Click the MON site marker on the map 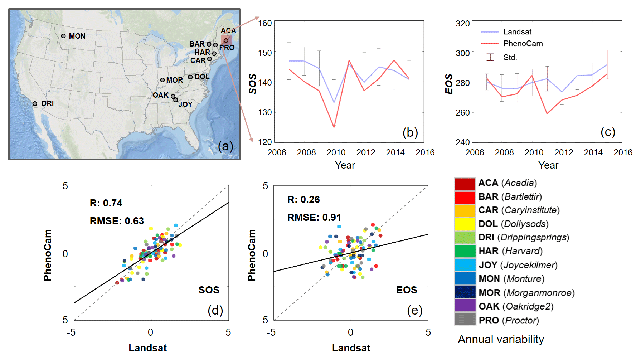(63, 36)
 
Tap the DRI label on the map (47, 103)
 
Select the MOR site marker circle (162, 80)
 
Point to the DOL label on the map (202, 77)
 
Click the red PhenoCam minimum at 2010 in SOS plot (334, 127)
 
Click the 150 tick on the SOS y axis (265, 53)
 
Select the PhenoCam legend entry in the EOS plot (523, 44)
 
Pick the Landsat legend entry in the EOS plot (517, 32)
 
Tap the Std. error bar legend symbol (490, 57)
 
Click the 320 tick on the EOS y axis (462, 24)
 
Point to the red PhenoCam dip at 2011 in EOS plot (547, 113)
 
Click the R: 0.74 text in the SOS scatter (106, 203)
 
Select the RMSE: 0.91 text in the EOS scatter (314, 218)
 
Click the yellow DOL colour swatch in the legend (465, 224)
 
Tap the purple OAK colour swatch (465, 306)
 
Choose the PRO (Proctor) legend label (509, 320)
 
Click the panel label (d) (215, 310)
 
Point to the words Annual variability (501, 339)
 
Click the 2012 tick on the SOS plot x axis (365, 152)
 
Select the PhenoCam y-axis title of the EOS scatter (252, 255)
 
